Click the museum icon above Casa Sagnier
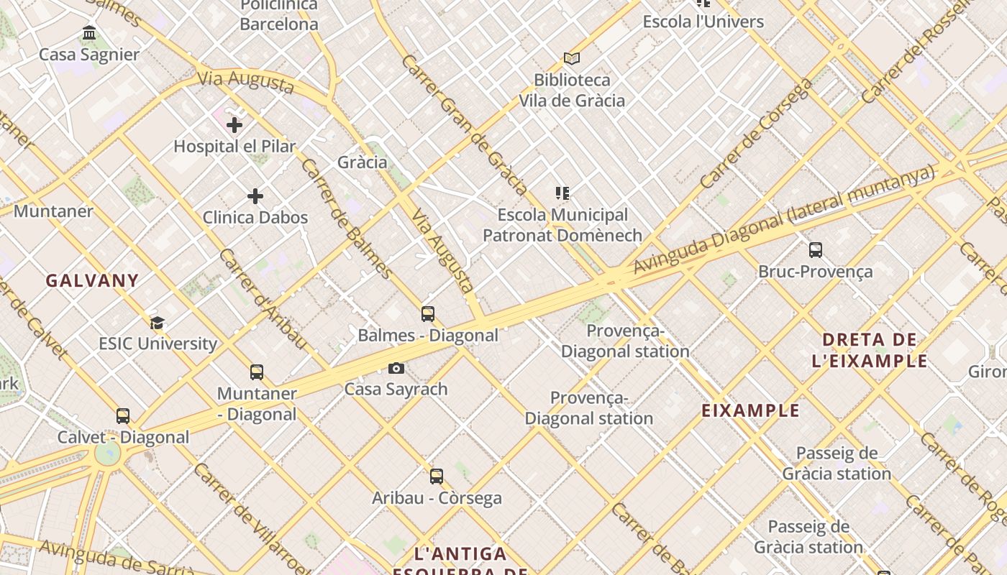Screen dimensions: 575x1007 point(89,33)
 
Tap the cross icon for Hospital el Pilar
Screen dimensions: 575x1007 point(234,125)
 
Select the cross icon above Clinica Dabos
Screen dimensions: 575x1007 point(255,196)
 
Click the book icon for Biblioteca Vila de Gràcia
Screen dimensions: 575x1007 point(572,58)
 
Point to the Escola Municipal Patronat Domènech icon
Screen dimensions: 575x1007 point(562,193)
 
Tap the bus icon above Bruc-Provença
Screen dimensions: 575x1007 point(815,250)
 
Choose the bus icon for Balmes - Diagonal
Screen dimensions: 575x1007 point(428,314)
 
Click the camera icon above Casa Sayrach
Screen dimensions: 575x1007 point(396,369)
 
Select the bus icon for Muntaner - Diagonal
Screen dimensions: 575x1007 point(257,372)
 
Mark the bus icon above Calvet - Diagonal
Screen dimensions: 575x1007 point(123,416)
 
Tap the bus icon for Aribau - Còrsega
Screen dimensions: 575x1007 point(437,477)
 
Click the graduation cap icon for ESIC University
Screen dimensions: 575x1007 point(158,323)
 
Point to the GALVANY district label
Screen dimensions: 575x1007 point(92,281)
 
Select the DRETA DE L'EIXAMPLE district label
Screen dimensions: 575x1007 point(869,350)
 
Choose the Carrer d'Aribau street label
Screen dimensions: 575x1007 point(263,299)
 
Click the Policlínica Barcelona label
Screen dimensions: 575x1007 point(279,15)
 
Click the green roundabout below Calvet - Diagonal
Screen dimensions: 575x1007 point(108,454)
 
